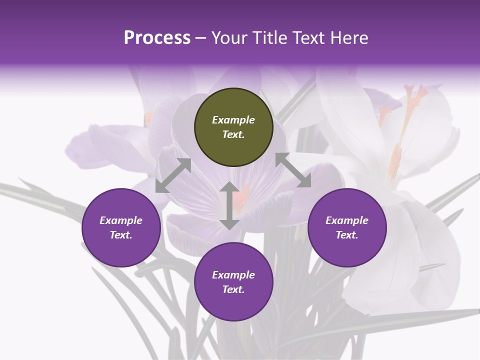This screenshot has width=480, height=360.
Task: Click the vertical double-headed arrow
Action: click(229, 205)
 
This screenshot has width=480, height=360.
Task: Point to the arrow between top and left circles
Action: click(173, 175)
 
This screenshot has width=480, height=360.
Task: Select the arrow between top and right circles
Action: click(293, 170)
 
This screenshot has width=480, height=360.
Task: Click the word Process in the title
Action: click(157, 38)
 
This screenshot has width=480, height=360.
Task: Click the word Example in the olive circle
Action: click(233, 120)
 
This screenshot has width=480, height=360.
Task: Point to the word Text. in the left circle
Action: click(121, 235)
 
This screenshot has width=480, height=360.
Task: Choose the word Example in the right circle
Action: click(347, 220)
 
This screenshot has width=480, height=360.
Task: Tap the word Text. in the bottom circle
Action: click(233, 289)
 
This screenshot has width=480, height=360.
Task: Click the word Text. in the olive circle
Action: click(233, 134)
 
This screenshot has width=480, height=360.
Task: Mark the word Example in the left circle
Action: click(121, 220)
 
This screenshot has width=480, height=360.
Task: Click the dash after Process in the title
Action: click(201, 38)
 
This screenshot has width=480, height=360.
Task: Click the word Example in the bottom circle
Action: click(233, 275)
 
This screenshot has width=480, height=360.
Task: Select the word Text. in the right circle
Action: click(347, 235)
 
